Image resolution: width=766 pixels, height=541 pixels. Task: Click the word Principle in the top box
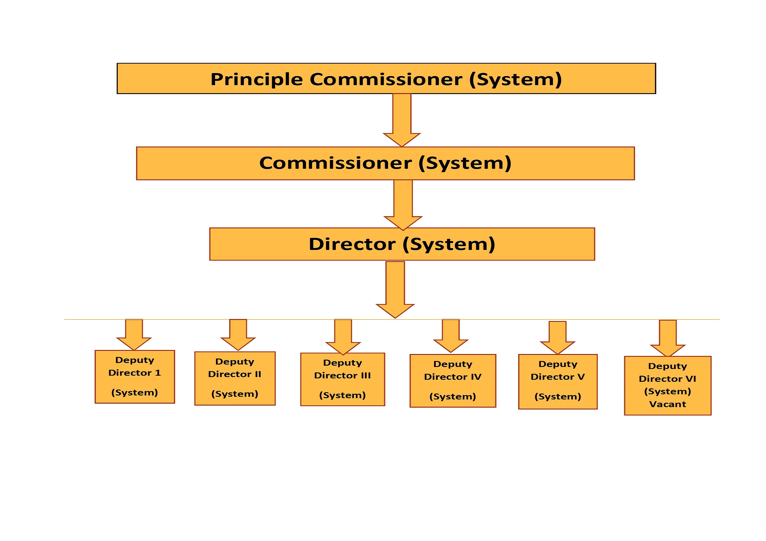(x=257, y=79)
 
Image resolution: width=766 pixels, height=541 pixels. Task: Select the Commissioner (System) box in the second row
(x=385, y=163)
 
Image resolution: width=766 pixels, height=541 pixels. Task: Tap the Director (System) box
(x=402, y=244)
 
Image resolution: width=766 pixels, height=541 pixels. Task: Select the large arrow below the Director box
(x=395, y=289)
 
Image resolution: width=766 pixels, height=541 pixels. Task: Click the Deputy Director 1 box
(x=135, y=377)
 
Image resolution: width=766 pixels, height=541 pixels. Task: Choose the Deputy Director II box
(x=235, y=378)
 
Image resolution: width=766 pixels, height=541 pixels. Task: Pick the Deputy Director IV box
(x=453, y=381)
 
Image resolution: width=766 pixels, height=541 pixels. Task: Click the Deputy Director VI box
(x=667, y=386)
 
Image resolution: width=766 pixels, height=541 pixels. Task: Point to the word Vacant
(x=667, y=404)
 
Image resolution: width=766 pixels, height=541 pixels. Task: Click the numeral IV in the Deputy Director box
(x=476, y=377)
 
